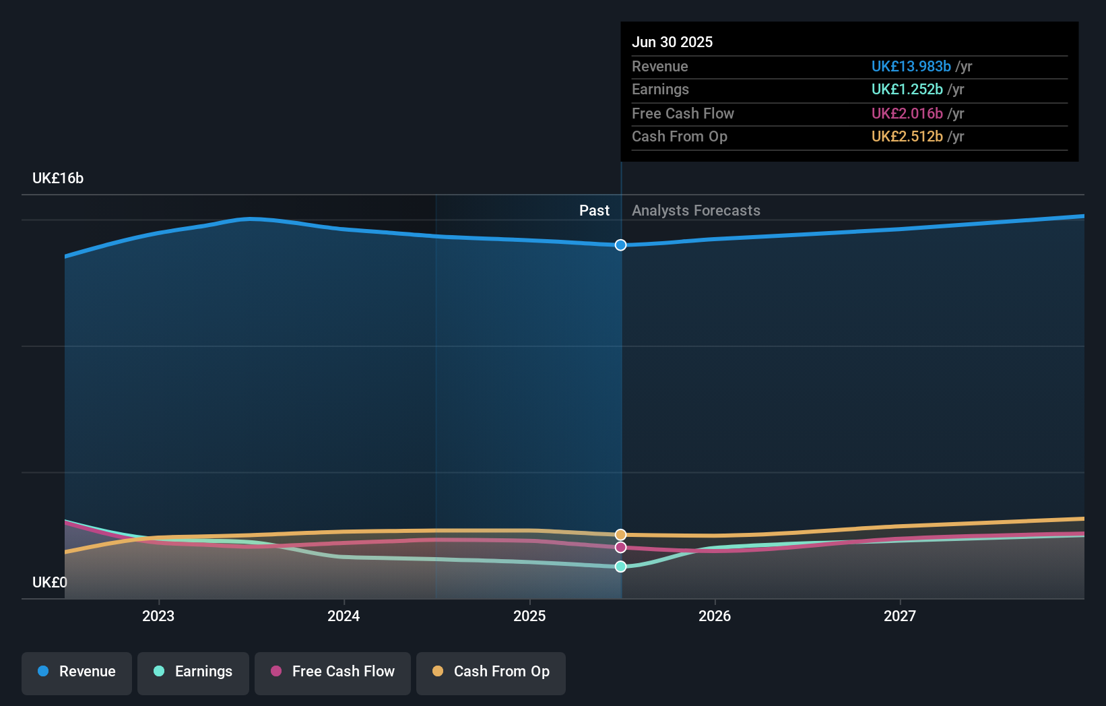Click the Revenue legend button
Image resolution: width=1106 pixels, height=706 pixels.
point(77,672)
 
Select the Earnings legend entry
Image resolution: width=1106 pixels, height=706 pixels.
point(193,672)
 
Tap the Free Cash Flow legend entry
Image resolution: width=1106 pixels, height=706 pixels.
point(333,672)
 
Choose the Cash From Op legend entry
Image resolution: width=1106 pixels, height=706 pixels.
point(491,672)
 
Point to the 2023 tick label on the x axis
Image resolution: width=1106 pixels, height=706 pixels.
point(158,616)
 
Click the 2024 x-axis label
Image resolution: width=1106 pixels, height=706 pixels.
point(344,616)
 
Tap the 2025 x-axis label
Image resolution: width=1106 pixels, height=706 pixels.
point(529,616)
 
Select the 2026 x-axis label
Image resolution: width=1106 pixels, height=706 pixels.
point(715,616)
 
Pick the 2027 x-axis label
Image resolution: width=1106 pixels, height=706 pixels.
point(900,616)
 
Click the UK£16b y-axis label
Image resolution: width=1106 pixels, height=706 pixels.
point(58,179)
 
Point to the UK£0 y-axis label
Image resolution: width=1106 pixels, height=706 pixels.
point(50,582)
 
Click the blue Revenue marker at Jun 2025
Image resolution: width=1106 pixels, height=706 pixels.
point(620,245)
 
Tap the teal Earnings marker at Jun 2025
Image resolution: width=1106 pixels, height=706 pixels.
point(620,567)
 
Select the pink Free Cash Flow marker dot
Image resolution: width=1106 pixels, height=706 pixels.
point(620,547)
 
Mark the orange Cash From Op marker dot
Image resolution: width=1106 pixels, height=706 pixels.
point(620,535)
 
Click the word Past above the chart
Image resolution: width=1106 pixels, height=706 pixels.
point(594,211)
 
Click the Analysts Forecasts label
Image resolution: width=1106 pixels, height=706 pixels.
point(696,211)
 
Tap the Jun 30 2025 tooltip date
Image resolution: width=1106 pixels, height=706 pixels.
point(672,42)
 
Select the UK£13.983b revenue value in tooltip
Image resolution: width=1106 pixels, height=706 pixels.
point(911,67)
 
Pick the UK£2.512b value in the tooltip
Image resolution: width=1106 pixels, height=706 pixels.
point(907,137)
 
